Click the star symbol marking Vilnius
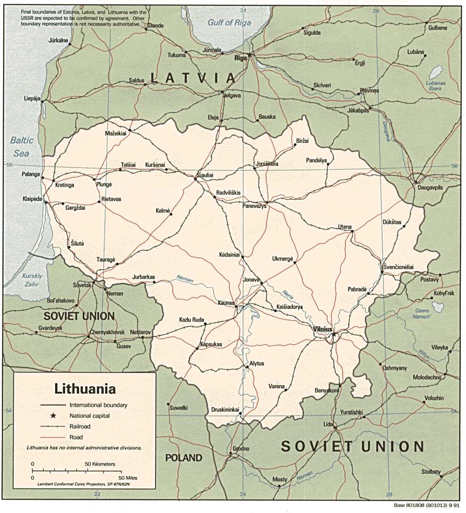(x=334, y=334)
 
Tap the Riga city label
(x=241, y=59)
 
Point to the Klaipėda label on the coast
(x=32, y=199)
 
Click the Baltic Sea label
(x=22, y=147)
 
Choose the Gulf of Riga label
(x=231, y=22)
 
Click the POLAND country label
(x=184, y=458)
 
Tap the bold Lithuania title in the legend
(x=85, y=389)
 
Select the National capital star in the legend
(x=53, y=416)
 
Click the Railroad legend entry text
(x=80, y=427)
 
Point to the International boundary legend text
(x=98, y=405)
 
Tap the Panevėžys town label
(x=254, y=206)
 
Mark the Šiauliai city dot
(x=196, y=178)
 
